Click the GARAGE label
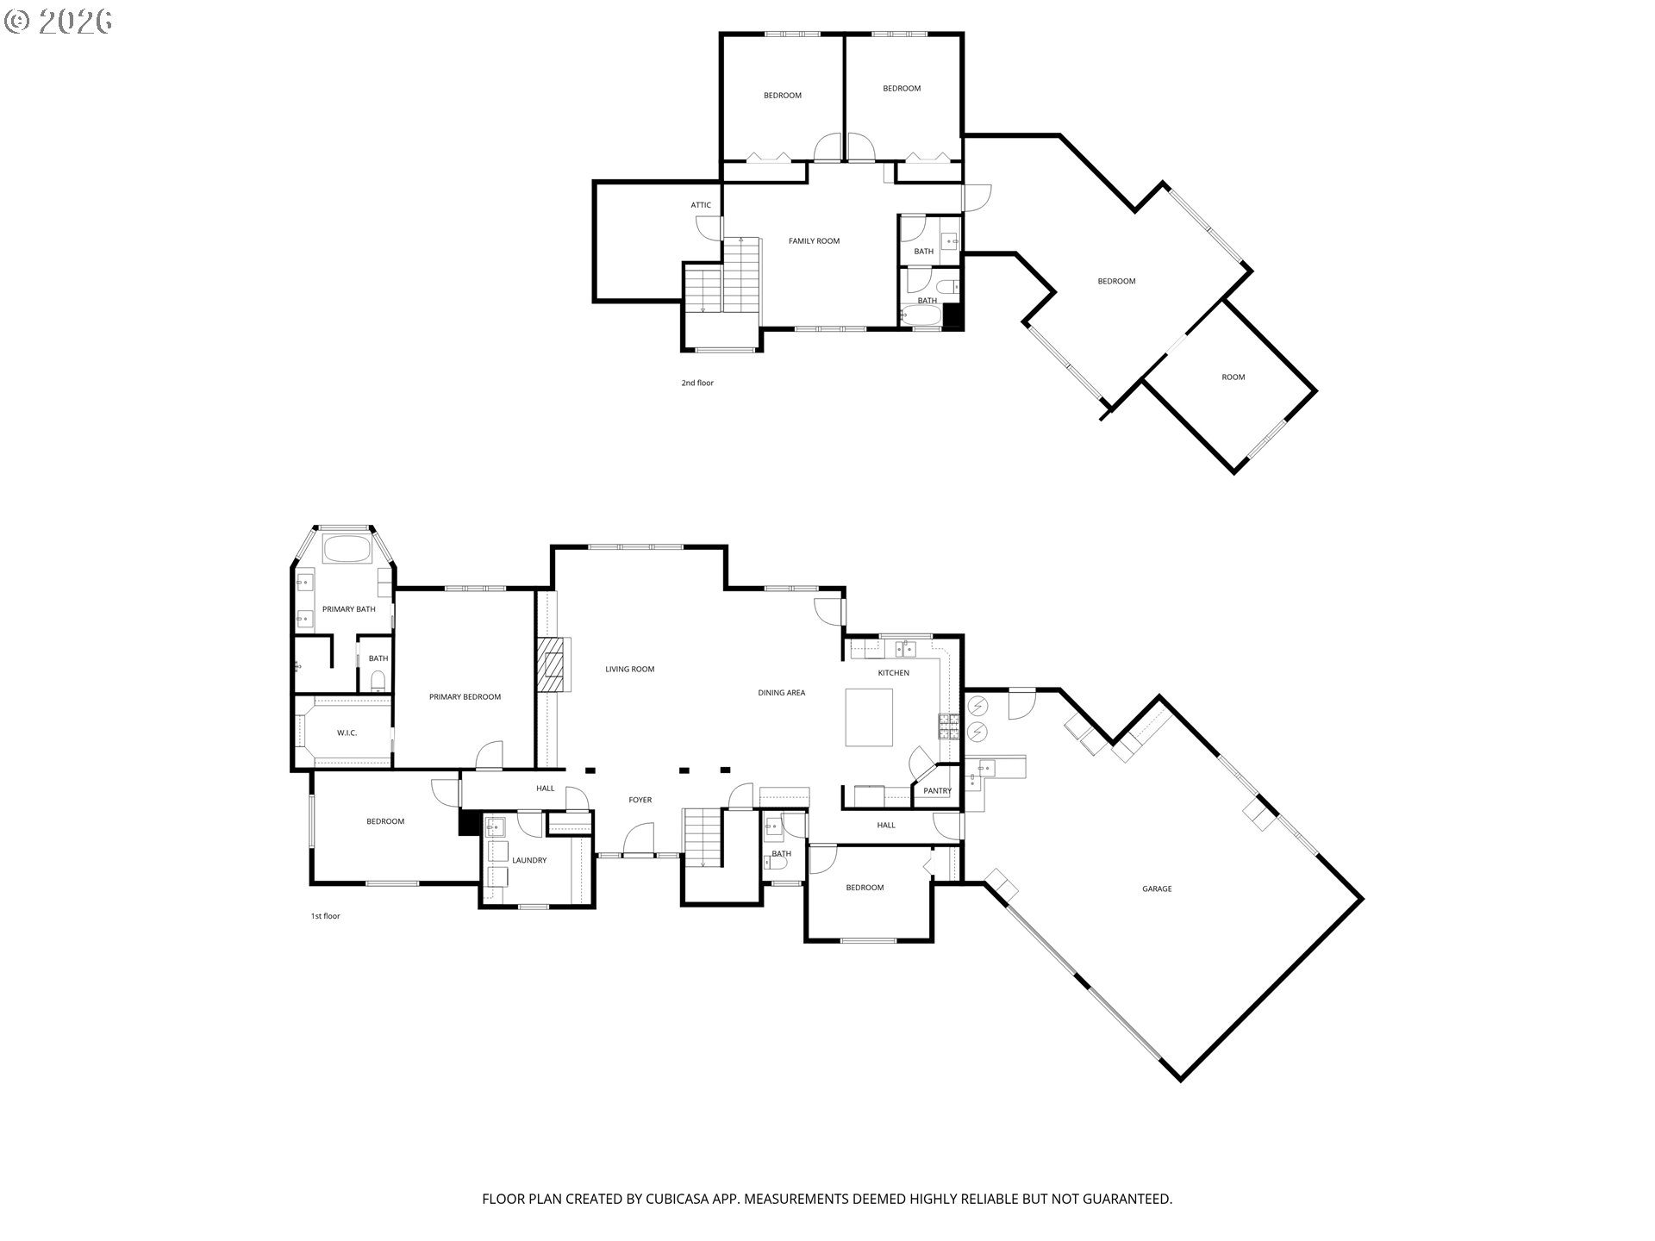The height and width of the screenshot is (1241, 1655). (1157, 889)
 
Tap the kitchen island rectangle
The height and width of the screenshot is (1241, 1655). (869, 717)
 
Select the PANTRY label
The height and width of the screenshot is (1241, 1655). (937, 790)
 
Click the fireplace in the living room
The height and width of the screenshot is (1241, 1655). (552, 664)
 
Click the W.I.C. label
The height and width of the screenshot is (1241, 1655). (347, 733)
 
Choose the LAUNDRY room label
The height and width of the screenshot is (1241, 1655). (529, 860)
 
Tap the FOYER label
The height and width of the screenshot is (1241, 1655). (640, 800)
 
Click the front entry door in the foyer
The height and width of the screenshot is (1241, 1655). (639, 839)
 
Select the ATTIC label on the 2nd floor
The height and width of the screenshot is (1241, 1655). (701, 205)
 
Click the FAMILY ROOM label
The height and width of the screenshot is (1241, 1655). (814, 241)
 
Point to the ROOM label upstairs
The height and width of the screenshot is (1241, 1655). (1233, 377)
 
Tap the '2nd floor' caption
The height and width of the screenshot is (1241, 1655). (697, 383)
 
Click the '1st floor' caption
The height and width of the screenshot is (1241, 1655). (325, 916)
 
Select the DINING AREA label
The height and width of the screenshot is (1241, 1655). (781, 693)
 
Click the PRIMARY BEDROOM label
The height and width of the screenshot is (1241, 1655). (465, 696)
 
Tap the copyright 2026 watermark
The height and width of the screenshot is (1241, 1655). (58, 22)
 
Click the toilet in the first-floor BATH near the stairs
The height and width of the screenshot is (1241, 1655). (768, 861)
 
